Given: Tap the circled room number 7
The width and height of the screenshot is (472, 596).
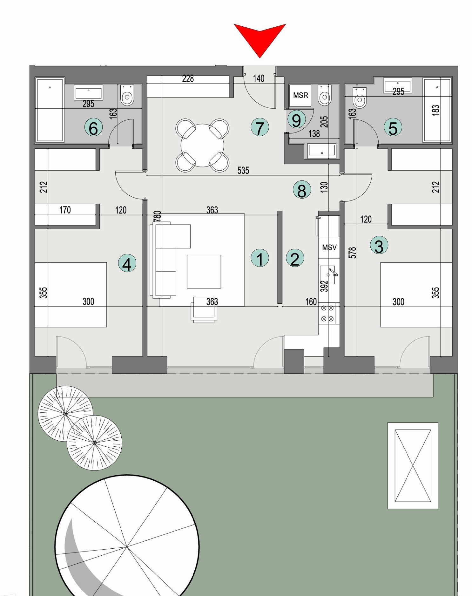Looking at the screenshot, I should point(260,128).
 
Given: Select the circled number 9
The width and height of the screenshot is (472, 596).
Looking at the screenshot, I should point(296,120).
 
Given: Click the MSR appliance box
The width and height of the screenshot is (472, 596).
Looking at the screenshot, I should point(300,95).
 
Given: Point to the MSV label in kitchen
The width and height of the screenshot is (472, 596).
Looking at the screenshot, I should point(329,247).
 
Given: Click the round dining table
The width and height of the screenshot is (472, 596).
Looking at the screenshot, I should point(202,146).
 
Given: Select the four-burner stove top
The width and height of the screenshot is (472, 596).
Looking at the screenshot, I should point(327,313).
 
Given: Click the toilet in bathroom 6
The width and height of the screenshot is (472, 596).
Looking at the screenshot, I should point(127,95).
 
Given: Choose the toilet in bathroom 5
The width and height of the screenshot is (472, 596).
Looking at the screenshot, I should point(360,98).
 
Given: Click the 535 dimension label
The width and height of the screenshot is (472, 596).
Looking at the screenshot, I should point(243,171).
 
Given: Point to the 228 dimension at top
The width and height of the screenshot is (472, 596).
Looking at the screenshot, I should point(188,78).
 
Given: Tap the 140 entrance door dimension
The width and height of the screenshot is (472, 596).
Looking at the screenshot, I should point(259,78).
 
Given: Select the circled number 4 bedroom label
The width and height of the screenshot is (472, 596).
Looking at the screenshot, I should point(127,264).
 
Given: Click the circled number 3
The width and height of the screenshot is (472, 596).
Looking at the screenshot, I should point(379,246).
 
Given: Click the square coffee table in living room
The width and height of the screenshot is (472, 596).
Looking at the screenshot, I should point(204,272).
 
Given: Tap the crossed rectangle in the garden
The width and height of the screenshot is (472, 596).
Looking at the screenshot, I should point(413,466).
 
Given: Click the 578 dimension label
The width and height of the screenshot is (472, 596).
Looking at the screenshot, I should point(352,253).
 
